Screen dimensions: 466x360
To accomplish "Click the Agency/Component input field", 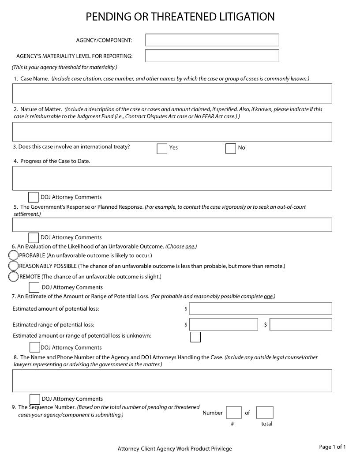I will click(212, 40).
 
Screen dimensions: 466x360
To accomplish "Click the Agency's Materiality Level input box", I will click(212, 56).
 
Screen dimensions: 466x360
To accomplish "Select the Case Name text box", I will click(172, 94).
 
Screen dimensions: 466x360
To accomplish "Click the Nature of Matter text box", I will click(172, 132).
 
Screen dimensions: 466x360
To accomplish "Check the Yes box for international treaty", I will click(162, 149).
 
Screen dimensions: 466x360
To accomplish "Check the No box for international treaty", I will click(230, 149).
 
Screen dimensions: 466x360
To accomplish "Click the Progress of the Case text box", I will click(172, 178).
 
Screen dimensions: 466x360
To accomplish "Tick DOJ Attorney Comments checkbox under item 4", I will click(34, 197).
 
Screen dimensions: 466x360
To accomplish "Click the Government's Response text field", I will click(172, 225).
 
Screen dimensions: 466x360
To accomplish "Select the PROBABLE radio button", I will click(14, 256).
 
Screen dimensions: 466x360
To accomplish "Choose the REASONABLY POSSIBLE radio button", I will click(14, 266).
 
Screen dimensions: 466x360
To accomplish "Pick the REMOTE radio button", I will click(14, 277).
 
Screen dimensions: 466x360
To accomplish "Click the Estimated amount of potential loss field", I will click(260, 308).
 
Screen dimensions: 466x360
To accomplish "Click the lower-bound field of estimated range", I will click(224, 324).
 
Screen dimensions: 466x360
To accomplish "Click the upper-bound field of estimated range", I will click(301, 324).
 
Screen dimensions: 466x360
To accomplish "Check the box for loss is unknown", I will click(195, 337).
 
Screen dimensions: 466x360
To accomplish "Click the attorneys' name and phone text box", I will click(172, 380).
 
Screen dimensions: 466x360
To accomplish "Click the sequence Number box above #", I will click(233, 413).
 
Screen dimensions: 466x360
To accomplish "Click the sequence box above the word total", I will click(265, 413).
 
